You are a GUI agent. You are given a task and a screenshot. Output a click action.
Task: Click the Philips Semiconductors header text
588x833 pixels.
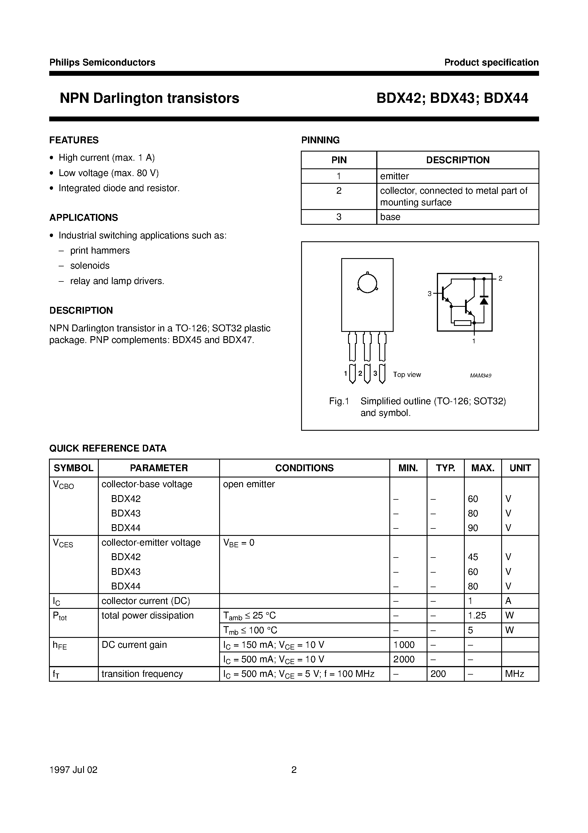102,62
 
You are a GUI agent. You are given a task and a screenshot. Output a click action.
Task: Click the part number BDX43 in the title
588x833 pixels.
452,98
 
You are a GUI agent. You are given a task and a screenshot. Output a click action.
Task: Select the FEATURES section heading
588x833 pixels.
74,140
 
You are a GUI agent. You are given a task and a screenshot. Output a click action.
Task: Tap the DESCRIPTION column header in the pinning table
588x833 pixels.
457,160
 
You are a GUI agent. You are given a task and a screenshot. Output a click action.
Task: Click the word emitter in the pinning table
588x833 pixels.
394,176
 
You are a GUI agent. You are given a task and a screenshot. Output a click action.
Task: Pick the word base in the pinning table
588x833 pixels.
390,217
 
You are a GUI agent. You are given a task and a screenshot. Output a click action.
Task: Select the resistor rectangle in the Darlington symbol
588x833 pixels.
462,323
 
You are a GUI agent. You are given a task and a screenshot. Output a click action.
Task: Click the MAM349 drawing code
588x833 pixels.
480,376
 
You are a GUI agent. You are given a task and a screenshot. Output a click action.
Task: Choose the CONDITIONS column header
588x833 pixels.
304,468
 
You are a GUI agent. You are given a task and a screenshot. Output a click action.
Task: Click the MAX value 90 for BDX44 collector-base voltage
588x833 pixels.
473,528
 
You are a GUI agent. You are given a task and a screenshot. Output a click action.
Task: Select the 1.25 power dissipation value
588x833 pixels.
477,616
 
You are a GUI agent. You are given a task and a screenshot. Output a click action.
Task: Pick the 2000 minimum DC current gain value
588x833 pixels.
404,659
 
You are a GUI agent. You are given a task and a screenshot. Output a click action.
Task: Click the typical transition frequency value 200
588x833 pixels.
438,674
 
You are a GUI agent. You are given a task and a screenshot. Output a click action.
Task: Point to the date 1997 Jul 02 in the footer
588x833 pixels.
73,770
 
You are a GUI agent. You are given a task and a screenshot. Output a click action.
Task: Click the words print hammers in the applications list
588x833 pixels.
100,251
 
